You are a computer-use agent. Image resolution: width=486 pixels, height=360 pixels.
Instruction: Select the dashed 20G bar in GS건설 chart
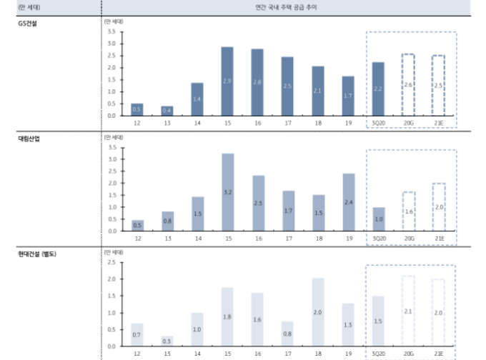408,84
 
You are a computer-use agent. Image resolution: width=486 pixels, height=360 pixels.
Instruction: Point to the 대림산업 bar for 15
227,191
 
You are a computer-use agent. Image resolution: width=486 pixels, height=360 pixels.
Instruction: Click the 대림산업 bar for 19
348,201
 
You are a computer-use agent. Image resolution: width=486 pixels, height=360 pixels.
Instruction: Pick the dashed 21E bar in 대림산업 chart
438,206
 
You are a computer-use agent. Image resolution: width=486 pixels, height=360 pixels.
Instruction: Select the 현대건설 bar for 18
318,311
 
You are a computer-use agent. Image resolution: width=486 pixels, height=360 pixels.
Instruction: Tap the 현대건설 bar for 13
167,341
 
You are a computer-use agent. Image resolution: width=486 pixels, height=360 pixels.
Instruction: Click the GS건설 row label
29,24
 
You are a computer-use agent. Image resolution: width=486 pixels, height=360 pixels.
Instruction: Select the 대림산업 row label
29,139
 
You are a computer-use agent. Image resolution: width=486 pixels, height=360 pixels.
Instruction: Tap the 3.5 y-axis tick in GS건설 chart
111,32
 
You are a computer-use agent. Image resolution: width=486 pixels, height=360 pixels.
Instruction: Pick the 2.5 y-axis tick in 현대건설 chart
111,262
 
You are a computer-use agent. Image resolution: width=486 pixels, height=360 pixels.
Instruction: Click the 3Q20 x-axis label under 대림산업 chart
378,238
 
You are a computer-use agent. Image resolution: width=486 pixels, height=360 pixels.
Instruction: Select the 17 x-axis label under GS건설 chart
287,123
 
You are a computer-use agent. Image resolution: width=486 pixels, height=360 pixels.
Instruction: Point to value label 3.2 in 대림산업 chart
227,192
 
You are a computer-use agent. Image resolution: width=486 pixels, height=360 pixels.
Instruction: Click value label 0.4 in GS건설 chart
167,110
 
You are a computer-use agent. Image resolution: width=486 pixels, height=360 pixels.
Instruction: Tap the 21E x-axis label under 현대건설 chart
438,354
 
